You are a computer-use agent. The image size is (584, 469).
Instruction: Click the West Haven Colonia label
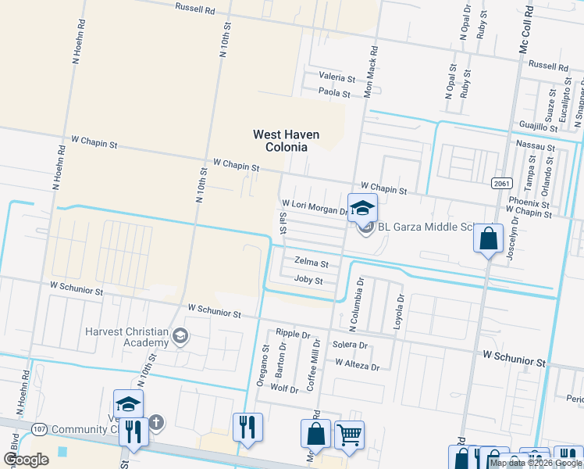coord(286,141)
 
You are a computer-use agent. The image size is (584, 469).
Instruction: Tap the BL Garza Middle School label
coord(426,227)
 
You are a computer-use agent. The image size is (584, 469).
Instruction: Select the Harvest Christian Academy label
coord(127,336)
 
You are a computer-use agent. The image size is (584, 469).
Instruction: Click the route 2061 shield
coord(501,183)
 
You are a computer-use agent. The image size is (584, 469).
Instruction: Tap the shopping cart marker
coord(349,435)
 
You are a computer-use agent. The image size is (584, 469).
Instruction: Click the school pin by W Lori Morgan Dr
coord(362,207)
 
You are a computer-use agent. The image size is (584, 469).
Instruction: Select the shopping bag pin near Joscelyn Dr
coord(488,238)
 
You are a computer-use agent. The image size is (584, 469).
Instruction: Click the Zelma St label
coord(311,263)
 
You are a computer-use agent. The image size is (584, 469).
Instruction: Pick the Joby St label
coord(308,280)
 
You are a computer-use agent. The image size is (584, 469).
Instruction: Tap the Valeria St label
coord(337,78)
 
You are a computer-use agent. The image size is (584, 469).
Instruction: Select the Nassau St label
coord(536,146)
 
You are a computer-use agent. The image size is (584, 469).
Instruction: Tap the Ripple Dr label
coord(293,334)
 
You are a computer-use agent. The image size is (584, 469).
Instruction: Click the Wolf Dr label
coord(284,388)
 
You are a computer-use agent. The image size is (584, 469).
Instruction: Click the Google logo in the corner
coord(26,460)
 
